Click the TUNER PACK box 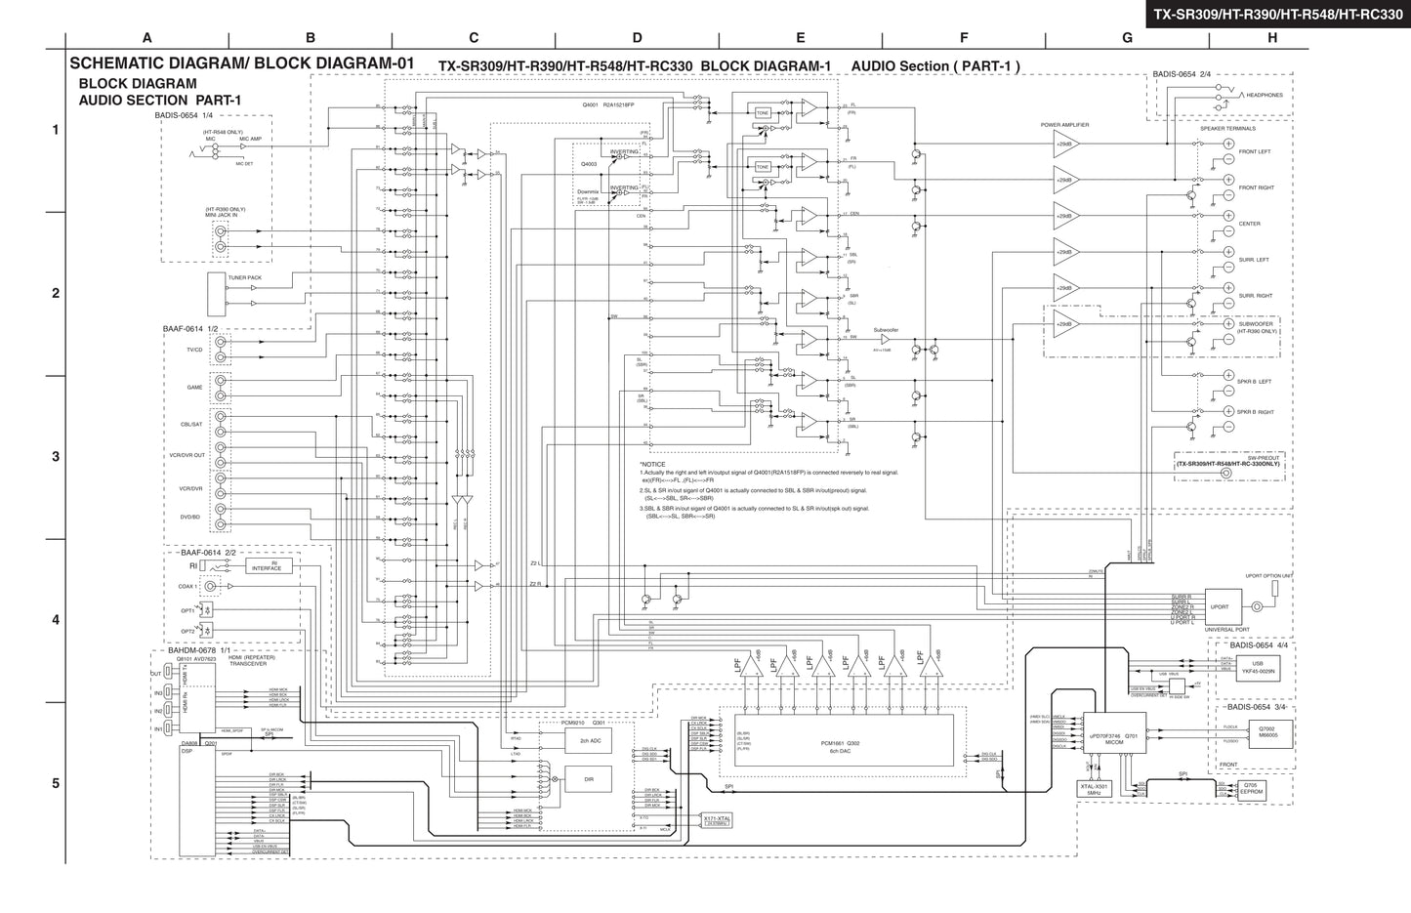click(x=217, y=287)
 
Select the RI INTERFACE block click(x=268, y=566)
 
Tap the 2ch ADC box click(x=589, y=742)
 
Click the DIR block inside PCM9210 click(x=589, y=779)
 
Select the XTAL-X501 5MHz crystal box click(x=1094, y=789)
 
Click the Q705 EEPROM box click(x=1250, y=789)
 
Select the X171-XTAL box click(x=717, y=821)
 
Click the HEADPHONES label click(x=1264, y=96)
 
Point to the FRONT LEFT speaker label click(x=1255, y=152)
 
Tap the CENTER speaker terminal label click(x=1250, y=224)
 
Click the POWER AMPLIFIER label click(x=1064, y=125)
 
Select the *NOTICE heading click(x=652, y=464)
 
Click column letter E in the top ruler click(x=801, y=38)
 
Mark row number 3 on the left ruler click(x=56, y=456)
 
